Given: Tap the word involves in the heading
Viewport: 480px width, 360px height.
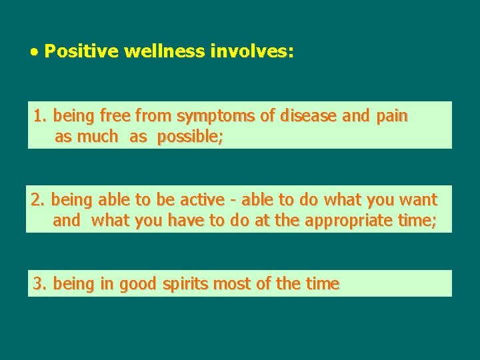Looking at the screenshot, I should [x=251, y=51].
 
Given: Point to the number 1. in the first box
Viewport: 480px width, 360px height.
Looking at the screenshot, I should [x=41, y=116].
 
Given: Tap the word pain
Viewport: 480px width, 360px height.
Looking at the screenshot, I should [x=392, y=116].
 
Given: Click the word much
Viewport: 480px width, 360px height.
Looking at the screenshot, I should [x=97, y=137].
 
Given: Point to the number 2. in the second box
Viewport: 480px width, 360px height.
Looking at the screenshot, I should [x=38, y=199].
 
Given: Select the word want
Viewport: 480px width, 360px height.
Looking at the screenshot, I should [x=418, y=199].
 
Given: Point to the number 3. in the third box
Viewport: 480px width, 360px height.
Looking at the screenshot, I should [x=41, y=284].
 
